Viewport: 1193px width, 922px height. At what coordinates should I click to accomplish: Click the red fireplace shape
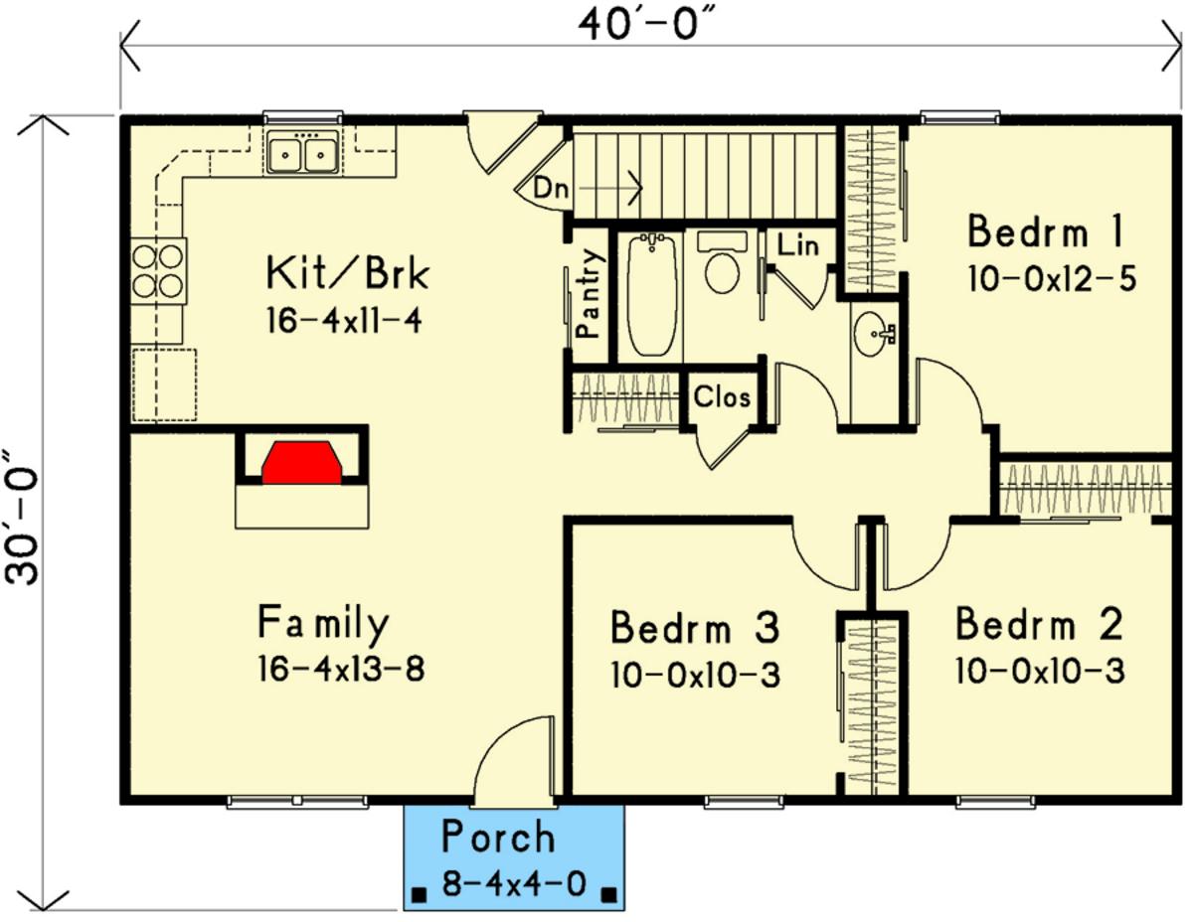tap(302, 462)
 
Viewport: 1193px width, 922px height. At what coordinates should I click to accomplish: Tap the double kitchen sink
tap(302, 153)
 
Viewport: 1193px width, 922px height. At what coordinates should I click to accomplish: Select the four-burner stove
tap(158, 271)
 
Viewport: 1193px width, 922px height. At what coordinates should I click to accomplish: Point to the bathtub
tap(651, 294)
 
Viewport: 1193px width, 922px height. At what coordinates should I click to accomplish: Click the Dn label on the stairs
tap(551, 189)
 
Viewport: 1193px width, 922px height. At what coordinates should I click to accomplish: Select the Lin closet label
tap(797, 245)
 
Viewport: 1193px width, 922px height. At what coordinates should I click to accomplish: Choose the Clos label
tap(722, 396)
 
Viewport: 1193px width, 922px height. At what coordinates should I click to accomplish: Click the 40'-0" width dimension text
tap(648, 26)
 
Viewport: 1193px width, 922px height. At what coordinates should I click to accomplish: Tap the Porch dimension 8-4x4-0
tap(514, 883)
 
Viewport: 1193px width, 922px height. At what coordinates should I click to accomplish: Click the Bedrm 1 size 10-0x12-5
tap(1052, 278)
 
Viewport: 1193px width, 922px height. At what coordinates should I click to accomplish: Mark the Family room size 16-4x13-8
tap(341, 670)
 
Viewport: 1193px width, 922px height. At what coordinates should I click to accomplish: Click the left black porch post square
tap(419, 894)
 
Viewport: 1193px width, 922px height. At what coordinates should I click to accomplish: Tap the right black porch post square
tap(608, 894)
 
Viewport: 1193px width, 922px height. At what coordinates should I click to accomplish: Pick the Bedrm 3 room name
tap(695, 628)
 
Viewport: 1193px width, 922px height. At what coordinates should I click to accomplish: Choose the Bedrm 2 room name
tap(1040, 624)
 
